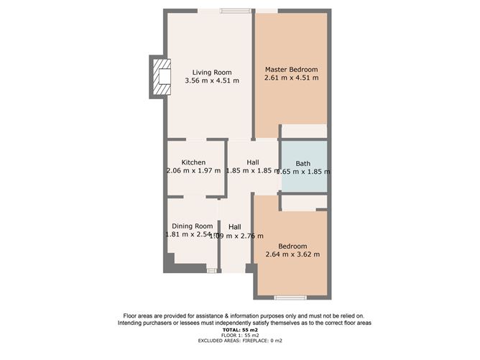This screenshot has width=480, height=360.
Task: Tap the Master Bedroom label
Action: pyautogui.click(x=291, y=69)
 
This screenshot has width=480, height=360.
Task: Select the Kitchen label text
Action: pyautogui.click(x=193, y=162)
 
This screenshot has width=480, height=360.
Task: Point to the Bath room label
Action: pyautogui.click(x=303, y=162)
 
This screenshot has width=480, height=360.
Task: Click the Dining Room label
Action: pyautogui.click(x=193, y=226)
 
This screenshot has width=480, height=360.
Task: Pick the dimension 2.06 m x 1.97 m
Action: pyautogui.click(x=193, y=171)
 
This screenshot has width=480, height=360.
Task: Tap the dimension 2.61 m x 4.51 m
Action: pyautogui.click(x=291, y=78)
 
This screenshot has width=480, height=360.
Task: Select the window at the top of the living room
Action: pyautogui.click(x=236, y=10)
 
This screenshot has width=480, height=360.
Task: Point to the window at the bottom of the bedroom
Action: pyautogui.click(x=290, y=297)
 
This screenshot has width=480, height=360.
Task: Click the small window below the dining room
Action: pyautogui.click(x=211, y=270)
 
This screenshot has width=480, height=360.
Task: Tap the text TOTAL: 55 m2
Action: pyautogui.click(x=240, y=330)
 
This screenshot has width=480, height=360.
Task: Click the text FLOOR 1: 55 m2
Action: pyautogui.click(x=240, y=336)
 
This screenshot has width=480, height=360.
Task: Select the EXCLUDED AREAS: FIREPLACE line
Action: pyautogui.click(x=240, y=341)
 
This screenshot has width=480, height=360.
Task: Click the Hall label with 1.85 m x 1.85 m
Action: pyautogui.click(x=252, y=162)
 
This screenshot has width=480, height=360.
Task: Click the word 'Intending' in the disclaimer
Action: pyautogui.click(x=134, y=323)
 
